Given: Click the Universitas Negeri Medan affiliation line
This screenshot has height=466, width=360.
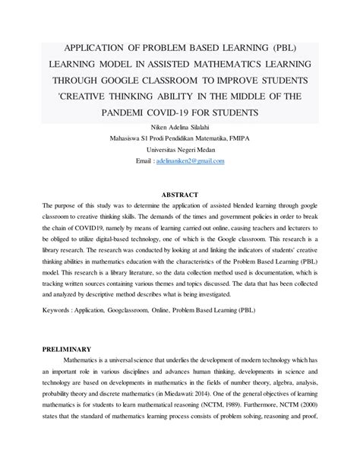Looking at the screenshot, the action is click(180, 151).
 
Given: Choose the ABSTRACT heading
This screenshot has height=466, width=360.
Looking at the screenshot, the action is click(180, 195).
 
